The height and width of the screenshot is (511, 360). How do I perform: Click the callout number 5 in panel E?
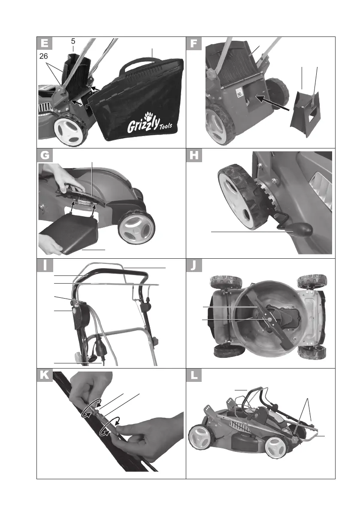[x=73, y=42]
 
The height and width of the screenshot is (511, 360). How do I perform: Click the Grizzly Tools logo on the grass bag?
[x=143, y=125]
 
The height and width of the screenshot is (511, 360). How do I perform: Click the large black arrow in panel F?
[x=270, y=104]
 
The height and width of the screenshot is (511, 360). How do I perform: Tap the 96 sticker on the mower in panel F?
[x=240, y=93]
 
